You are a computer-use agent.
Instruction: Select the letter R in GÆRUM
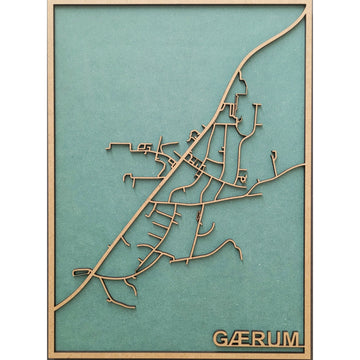pyautogui.click(x=257, y=339)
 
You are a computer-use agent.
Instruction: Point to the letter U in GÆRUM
pyautogui.click(x=272, y=339)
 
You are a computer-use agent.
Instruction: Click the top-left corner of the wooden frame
pyautogui.click(x=49, y=3)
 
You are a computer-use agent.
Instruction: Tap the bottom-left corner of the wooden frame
pyautogui.click(x=49, y=357)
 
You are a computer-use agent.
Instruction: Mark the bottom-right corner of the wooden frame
pyautogui.click(x=310, y=357)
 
